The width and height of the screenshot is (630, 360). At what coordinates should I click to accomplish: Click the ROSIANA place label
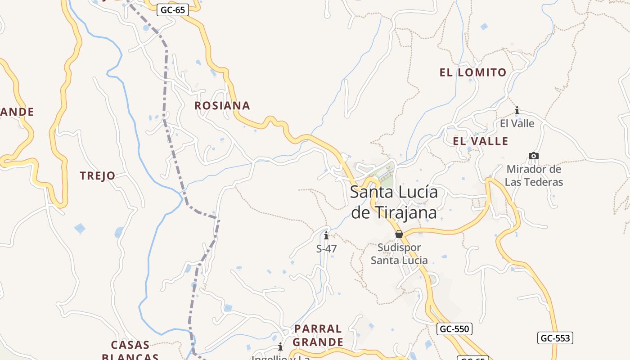click(222, 106)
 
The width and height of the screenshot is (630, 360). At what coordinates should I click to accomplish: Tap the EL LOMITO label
click(473, 72)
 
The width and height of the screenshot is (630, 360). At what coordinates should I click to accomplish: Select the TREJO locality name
click(98, 176)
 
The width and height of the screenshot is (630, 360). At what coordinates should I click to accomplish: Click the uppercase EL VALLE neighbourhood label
click(481, 141)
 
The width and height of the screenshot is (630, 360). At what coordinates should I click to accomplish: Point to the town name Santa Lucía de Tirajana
click(394, 202)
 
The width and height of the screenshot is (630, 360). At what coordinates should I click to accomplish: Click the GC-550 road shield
click(454, 329)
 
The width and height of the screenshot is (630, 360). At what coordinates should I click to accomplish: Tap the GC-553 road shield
click(555, 338)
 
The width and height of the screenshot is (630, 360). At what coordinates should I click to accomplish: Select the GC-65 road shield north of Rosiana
click(172, 10)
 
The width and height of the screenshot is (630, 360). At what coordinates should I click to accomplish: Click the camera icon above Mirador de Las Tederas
click(533, 156)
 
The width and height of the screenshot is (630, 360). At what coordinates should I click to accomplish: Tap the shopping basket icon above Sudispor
click(399, 234)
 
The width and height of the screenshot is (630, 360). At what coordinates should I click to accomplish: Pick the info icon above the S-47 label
click(326, 235)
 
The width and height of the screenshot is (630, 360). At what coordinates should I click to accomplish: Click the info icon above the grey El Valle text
click(517, 110)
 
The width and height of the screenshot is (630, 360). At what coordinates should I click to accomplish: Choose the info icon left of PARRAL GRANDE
click(280, 346)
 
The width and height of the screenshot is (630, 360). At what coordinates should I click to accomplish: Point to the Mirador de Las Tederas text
click(534, 175)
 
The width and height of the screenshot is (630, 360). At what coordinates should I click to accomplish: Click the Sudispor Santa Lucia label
click(399, 254)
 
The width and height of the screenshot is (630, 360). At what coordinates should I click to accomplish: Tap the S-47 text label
click(326, 248)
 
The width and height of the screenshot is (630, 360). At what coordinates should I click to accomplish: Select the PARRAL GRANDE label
click(318, 335)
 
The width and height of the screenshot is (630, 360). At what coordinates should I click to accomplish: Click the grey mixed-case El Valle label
click(517, 123)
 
